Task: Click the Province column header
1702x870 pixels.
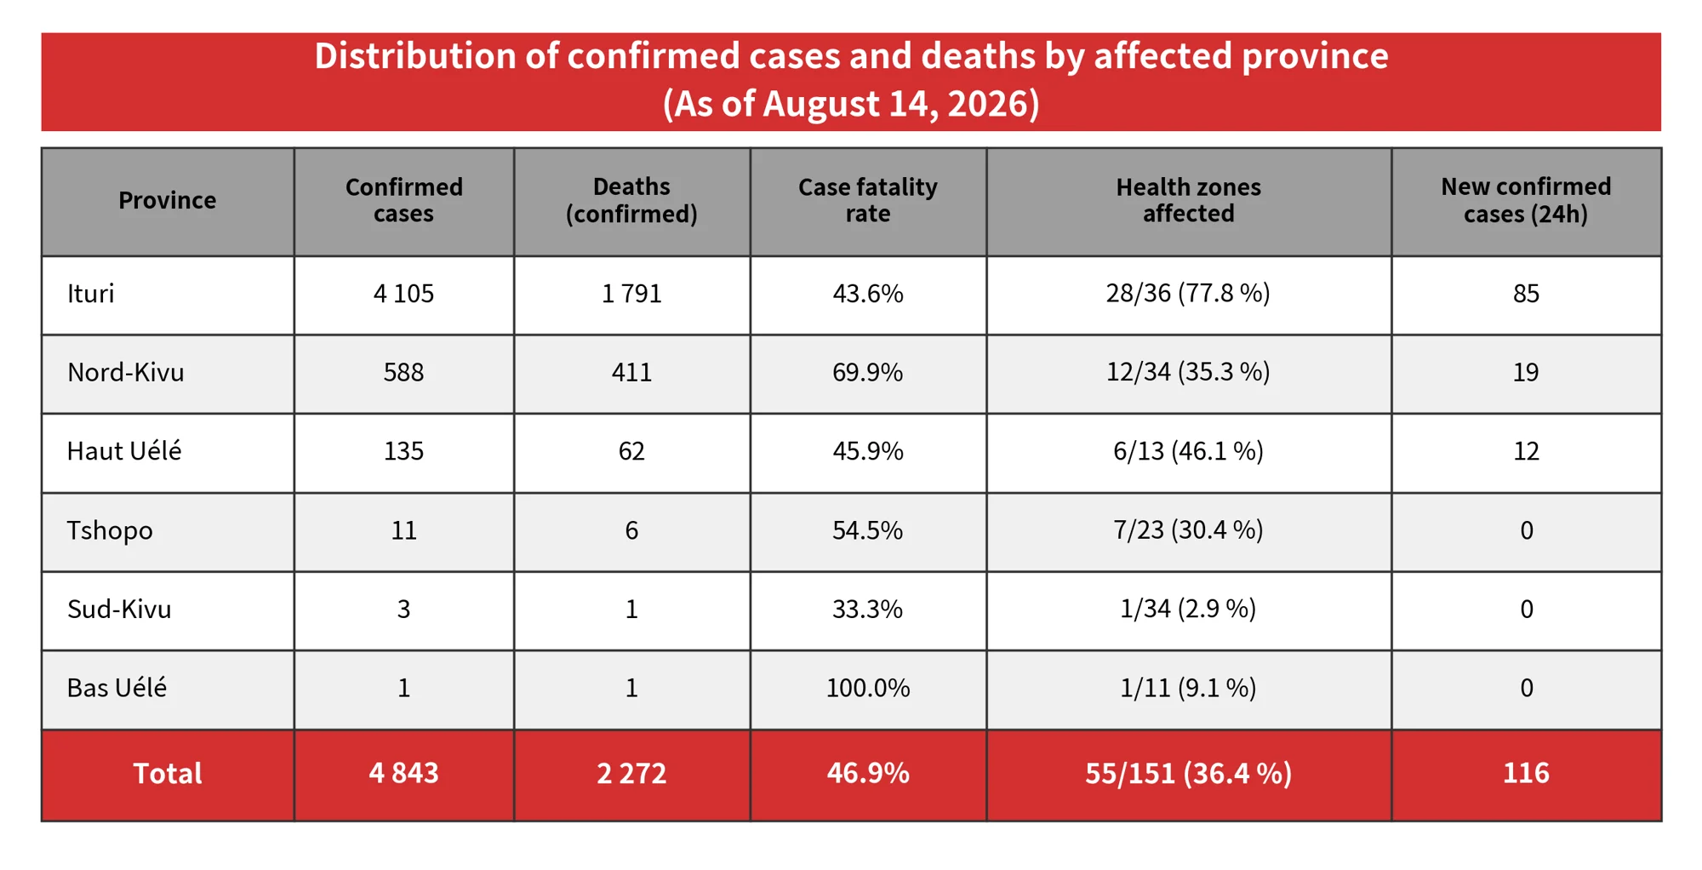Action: tap(167, 200)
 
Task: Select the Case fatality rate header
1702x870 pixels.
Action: tap(868, 200)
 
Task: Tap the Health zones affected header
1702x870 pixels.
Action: tap(1188, 200)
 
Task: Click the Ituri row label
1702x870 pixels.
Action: tap(90, 294)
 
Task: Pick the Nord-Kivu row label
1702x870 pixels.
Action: tap(125, 372)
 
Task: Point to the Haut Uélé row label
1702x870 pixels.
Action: tap(124, 451)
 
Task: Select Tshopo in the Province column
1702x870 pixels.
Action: tap(110, 530)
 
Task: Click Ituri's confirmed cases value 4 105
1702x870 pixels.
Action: tap(403, 294)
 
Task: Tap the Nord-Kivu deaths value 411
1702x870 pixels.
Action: tap(631, 372)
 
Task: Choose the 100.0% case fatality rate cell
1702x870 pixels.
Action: tap(868, 688)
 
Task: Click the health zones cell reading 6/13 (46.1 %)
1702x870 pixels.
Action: tap(1188, 451)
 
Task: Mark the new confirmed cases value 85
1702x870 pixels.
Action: tap(1526, 294)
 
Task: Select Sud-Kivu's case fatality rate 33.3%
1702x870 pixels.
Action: tap(868, 609)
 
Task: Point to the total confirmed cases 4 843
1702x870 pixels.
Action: tap(403, 773)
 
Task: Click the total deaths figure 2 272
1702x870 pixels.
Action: tap(631, 773)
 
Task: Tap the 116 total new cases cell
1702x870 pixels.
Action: tap(1526, 773)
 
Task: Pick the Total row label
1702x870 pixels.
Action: tap(167, 773)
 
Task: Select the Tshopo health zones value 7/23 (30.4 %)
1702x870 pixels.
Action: tap(1188, 530)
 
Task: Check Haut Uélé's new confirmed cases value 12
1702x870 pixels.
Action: tap(1526, 451)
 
